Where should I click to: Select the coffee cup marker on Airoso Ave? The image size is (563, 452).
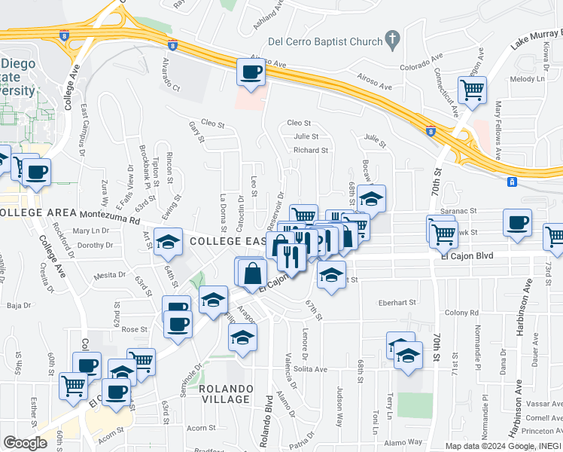click(251, 73)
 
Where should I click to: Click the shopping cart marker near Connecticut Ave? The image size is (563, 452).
click(472, 90)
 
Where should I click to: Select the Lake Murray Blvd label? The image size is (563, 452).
click(535, 40)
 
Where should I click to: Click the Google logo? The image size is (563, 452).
click(25, 442)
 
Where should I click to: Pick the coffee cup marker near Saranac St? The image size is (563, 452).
click(517, 224)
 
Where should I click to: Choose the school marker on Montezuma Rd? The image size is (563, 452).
click(169, 242)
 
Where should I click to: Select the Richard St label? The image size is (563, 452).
click(311, 150)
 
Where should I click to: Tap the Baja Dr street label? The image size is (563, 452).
click(18, 306)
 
